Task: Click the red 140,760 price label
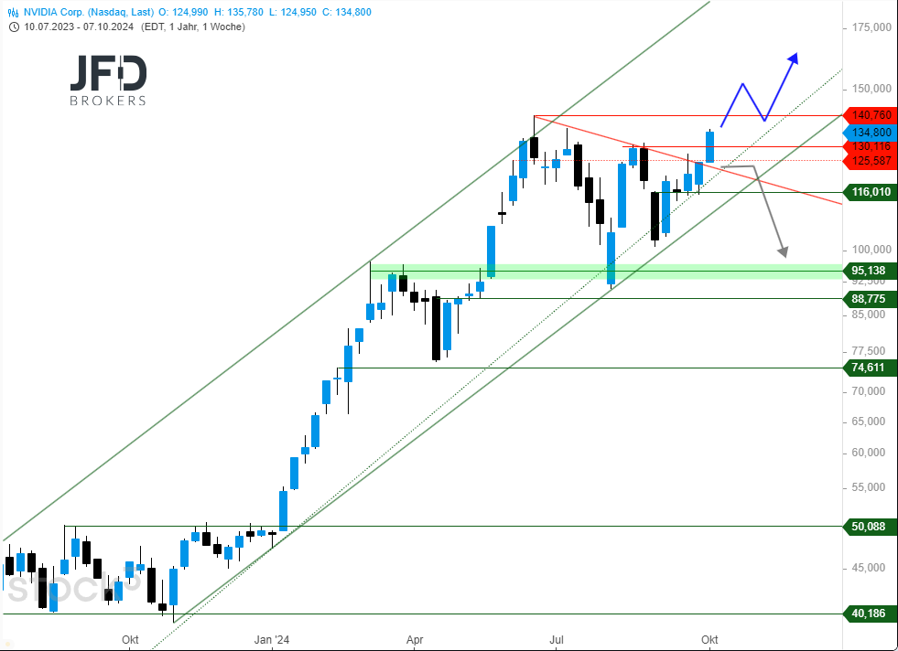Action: tap(871, 115)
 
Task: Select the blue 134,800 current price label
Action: tap(871, 132)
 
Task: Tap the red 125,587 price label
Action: tap(871, 161)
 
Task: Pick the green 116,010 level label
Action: tap(871, 192)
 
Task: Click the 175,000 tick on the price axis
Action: tap(871, 27)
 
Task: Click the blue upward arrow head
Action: tap(794, 58)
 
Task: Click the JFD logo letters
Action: tap(108, 73)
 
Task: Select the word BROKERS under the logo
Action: tap(108, 101)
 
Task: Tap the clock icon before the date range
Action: tap(15, 27)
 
